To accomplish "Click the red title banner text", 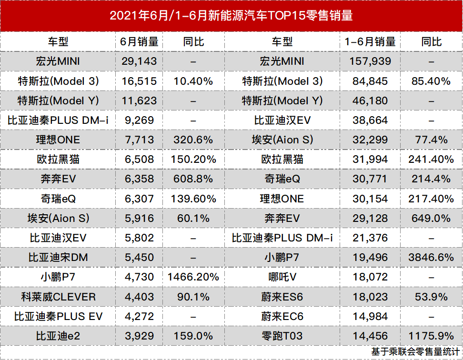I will [231, 16].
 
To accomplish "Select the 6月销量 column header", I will [139, 41].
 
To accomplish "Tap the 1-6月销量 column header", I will [370, 41].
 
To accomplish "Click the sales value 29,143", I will [139, 61].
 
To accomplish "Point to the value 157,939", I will [370, 61].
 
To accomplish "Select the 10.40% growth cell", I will [193, 81].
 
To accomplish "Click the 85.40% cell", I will [431, 81].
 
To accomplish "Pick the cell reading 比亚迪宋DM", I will [58, 258].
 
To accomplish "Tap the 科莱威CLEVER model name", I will [58, 297].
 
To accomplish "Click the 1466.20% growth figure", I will [193, 277].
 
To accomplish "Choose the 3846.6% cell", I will [431, 258].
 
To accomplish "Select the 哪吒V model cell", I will [282, 277].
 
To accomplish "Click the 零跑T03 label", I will [282, 336].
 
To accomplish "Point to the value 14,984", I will [370, 316].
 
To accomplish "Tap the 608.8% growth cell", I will [193, 179].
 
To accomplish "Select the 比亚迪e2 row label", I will [58, 336].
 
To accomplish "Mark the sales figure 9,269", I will [139, 120].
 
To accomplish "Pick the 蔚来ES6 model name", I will [282, 297].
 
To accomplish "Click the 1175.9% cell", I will [431, 336].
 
